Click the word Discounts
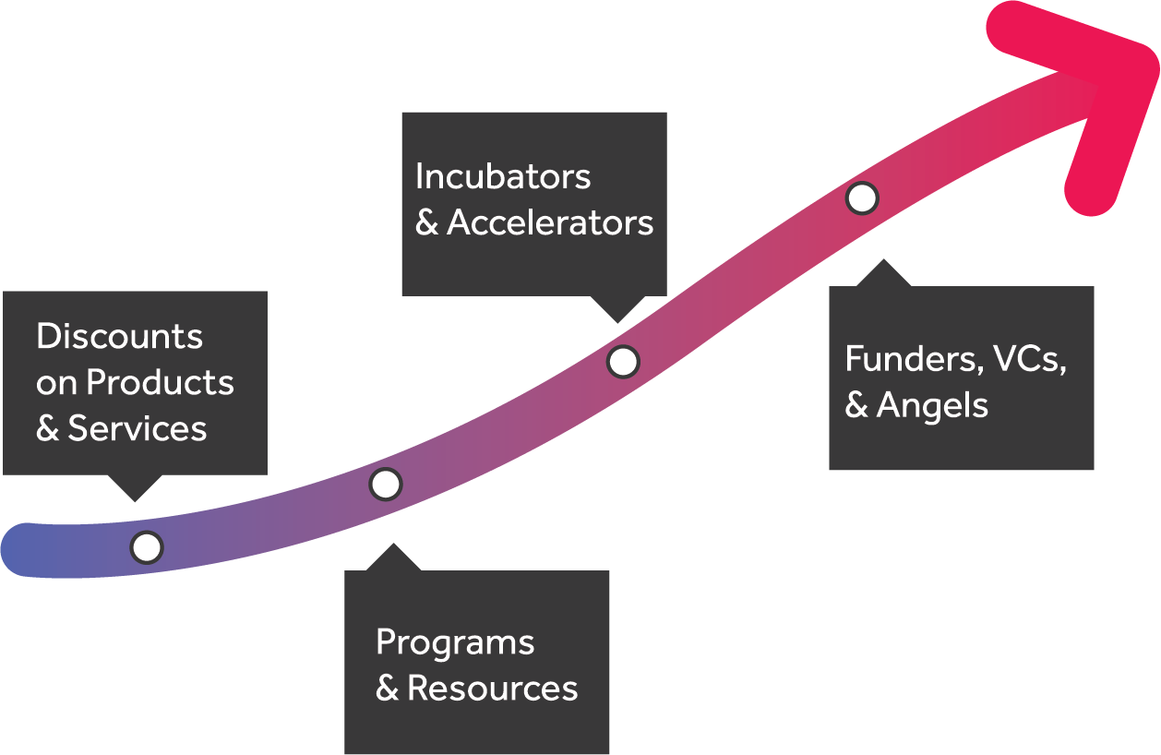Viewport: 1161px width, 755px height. [119, 336]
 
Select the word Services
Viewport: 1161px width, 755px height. [138, 428]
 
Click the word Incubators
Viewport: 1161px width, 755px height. [503, 176]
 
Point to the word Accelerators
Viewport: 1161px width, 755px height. [550, 222]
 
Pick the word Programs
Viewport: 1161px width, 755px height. [455, 642]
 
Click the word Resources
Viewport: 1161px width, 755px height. [493, 689]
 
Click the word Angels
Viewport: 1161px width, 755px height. [932, 405]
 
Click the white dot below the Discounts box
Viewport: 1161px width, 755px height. [147, 547]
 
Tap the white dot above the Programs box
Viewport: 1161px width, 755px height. [386, 484]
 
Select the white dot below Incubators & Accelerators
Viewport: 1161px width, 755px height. [623, 362]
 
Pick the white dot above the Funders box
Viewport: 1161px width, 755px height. [862, 198]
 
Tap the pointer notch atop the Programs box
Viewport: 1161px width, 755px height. [394, 557]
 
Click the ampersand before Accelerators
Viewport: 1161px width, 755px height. [426, 223]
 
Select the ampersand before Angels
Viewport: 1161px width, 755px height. [856, 406]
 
